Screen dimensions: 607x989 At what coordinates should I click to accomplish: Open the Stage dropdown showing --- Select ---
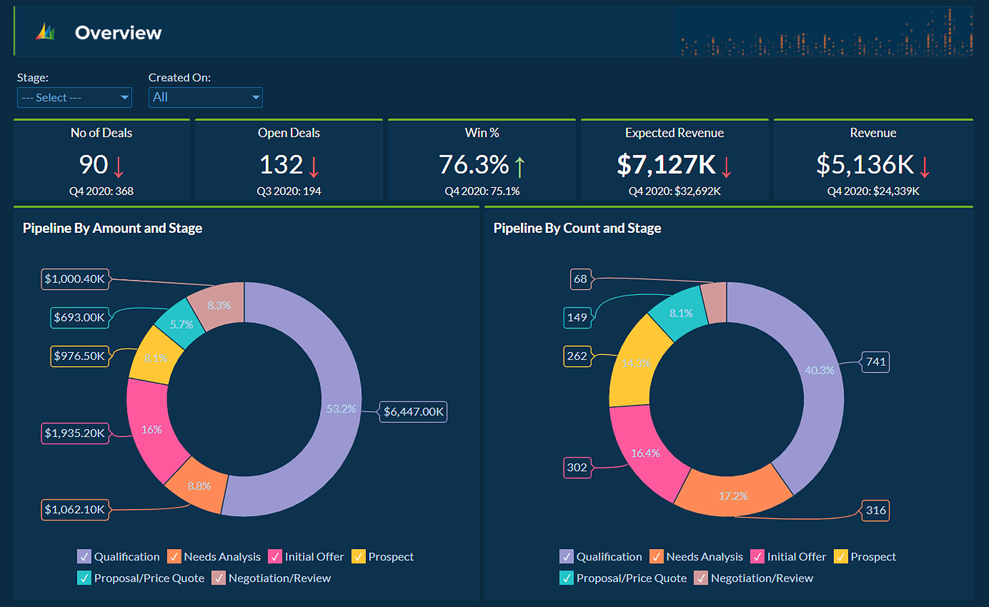coord(74,97)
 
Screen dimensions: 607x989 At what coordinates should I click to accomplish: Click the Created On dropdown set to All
coord(205,97)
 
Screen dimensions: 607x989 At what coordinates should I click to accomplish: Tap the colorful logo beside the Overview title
coord(45,32)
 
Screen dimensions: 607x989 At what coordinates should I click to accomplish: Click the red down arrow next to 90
coord(119,167)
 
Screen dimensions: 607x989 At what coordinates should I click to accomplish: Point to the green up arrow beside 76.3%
coord(520,167)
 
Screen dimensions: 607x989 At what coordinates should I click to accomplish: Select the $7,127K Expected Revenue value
coord(666,165)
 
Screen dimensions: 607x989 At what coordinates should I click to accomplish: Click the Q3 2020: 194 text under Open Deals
coord(289,191)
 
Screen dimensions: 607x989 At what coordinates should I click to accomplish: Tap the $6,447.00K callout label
coord(413,412)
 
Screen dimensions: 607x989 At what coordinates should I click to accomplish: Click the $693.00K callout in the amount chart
coord(79,317)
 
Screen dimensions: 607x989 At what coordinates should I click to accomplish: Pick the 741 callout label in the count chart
coord(876,362)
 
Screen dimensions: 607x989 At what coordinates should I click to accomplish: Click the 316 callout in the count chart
coord(876,510)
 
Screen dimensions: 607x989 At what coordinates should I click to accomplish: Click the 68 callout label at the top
coord(580,279)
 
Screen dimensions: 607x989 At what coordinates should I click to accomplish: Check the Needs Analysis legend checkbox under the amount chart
coord(174,557)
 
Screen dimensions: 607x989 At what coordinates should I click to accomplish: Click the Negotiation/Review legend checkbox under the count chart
coord(701,578)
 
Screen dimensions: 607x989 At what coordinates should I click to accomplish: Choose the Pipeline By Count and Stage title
coord(577,228)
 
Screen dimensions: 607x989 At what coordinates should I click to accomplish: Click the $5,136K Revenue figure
coord(865,165)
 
